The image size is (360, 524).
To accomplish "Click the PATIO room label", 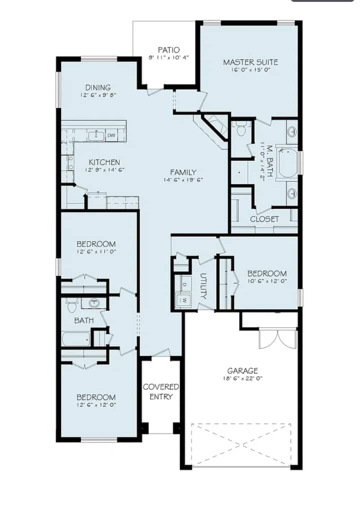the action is coord(169,50).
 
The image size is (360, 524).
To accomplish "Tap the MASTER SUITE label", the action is coord(250,62).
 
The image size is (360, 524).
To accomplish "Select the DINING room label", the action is coord(98,87).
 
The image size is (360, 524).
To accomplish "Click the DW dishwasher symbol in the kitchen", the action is coord(111,135).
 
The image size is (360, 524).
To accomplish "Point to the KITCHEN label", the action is coord(104,162).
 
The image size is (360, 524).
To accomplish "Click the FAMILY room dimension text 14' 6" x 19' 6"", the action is coord(183,180).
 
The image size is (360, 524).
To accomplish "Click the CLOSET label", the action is coord(264,219).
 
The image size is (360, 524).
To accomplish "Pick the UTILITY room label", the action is coord(203,286).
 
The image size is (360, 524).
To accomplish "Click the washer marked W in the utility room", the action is coord(185,300).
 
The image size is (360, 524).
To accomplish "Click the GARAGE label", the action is coord(242,370).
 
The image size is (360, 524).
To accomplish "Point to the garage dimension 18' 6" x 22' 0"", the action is coord(242,378).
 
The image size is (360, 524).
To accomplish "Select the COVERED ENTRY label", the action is coord(161,391).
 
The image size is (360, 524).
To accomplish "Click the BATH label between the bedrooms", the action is coord(84,320).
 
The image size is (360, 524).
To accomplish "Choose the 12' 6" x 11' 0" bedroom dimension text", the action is coord(96,251).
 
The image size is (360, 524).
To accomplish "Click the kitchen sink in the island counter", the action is coord(96,135).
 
